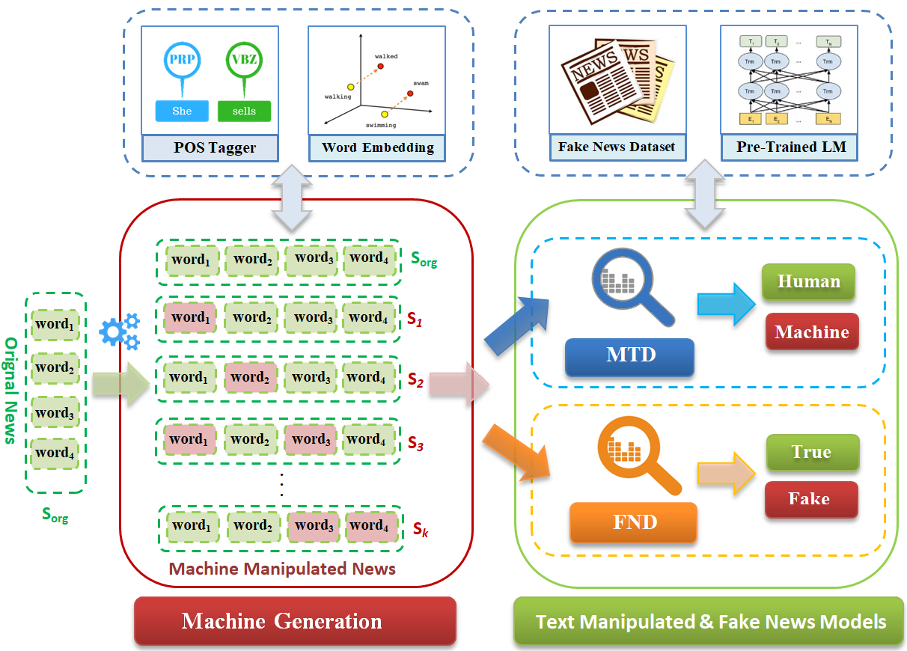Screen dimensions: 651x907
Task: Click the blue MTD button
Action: point(630,355)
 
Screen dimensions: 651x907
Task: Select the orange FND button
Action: point(633,522)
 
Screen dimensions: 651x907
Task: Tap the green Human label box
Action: point(808,282)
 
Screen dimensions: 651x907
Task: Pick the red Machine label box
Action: point(811,332)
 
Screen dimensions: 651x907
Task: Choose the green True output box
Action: point(811,452)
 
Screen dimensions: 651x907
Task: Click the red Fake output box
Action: point(809,499)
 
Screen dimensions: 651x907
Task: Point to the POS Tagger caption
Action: point(214,147)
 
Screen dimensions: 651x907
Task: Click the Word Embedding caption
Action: point(377,147)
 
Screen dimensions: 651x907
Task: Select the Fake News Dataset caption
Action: point(616,147)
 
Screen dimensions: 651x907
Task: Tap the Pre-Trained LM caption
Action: point(790,147)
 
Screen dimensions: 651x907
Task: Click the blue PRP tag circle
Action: point(182,62)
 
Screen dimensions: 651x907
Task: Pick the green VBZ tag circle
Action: point(244,62)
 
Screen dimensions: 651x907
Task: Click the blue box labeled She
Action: point(182,111)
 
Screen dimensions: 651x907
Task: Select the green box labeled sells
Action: point(244,111)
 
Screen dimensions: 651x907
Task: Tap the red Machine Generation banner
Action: point(295,620)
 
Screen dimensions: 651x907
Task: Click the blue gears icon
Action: point(119,331)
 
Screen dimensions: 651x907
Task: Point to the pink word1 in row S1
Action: point(190,317)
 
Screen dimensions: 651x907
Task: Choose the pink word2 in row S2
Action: point(250,378)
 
